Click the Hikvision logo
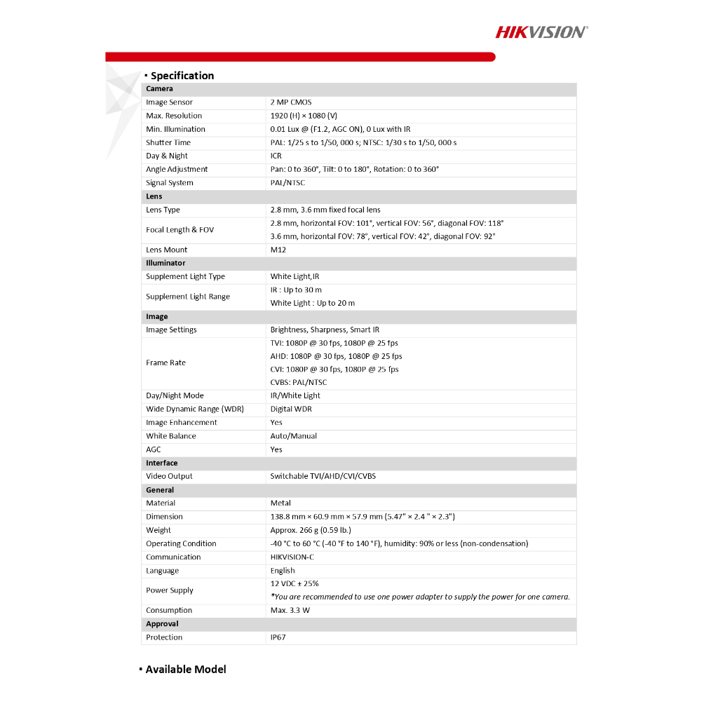click(x=541, y=32)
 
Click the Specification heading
click(x=182, y=76)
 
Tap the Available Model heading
click(x=186, y=670)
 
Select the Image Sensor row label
click(x=169, y=102)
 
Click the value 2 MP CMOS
click(x=291, y=102)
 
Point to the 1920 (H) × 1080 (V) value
click(x=304, y=116)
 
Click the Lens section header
click(x=154, y=196)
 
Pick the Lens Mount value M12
click(x=278, y=250)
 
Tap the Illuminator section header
click(x=165, y=263)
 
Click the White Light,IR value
click(x=294, y=276)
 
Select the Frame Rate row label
click(x=165, y=363)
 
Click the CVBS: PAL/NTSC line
click(x=299, y=382)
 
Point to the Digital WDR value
click(x=291, y=409)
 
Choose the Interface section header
click(x=162, y=463)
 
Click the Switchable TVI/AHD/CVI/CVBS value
click(x=323, y=476)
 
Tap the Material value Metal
click(x=280, y=503)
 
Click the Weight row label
click(x=158, y=530)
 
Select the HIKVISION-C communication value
click(x=292, y=557)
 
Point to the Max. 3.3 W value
click(x=290, y=610)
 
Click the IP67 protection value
click(x=278, y=637)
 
